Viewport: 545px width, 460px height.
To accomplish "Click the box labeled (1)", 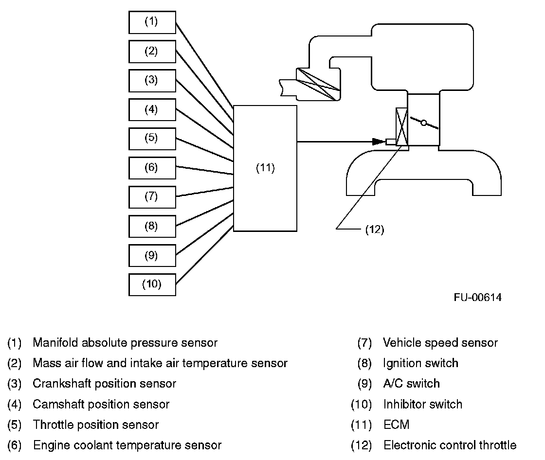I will pyautogui.click(x=152, y=22).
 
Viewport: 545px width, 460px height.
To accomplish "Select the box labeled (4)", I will pyautogui.click(x=152, y=109).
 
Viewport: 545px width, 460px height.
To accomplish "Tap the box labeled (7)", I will pyautogui.click(x=152, y=196).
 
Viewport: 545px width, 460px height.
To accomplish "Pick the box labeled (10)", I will pyautogui.click(x=152, y=284).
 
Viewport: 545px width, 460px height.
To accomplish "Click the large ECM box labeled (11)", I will pyautogui.click(x=265, y=168).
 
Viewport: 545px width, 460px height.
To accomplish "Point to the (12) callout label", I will pyautogui.click(x=375, y=230).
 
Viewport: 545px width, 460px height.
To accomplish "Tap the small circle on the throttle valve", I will pyautogui.click(x=423, y=124).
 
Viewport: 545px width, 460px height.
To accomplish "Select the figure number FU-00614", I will pyautogui.click(x=477, y=298).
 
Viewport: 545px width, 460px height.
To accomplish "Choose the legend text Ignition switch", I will pyautogui.click(x=420, y=363).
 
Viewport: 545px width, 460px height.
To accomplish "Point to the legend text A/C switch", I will pyautogui.click(x=411, y=384).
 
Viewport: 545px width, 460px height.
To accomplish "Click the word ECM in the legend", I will pyautogui.click(x=396, y=425).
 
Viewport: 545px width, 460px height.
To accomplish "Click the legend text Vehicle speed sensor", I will pyautogui.click(x=440, y=343).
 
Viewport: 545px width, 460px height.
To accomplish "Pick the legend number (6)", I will pyautogui.click(x=15, y=445).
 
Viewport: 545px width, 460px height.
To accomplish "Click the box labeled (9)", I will pyautogui.click(x=152, y=255).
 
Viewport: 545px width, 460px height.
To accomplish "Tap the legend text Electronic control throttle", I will pyautogui.click(x=450, y=445).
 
